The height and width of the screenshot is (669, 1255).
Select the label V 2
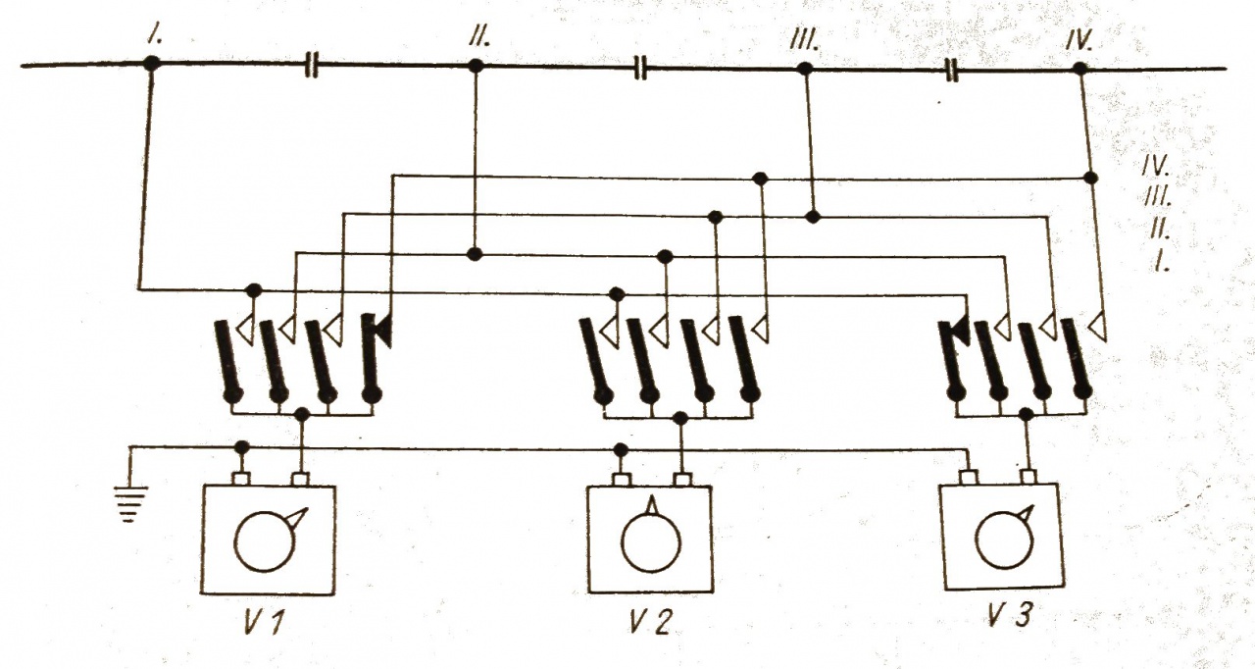point(649,622)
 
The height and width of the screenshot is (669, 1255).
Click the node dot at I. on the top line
point(151,64)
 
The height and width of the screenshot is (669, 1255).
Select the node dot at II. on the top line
point(476,67)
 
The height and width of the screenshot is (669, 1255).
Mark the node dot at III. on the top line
point(804,69)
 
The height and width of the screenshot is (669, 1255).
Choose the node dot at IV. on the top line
point(1079,69)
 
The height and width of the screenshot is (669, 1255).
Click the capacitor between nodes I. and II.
point(312,67)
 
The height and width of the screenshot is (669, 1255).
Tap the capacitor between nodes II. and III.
point(640,68)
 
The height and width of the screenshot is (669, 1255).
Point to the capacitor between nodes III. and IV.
point(950,69)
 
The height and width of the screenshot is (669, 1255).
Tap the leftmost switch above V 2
point(596,358)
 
